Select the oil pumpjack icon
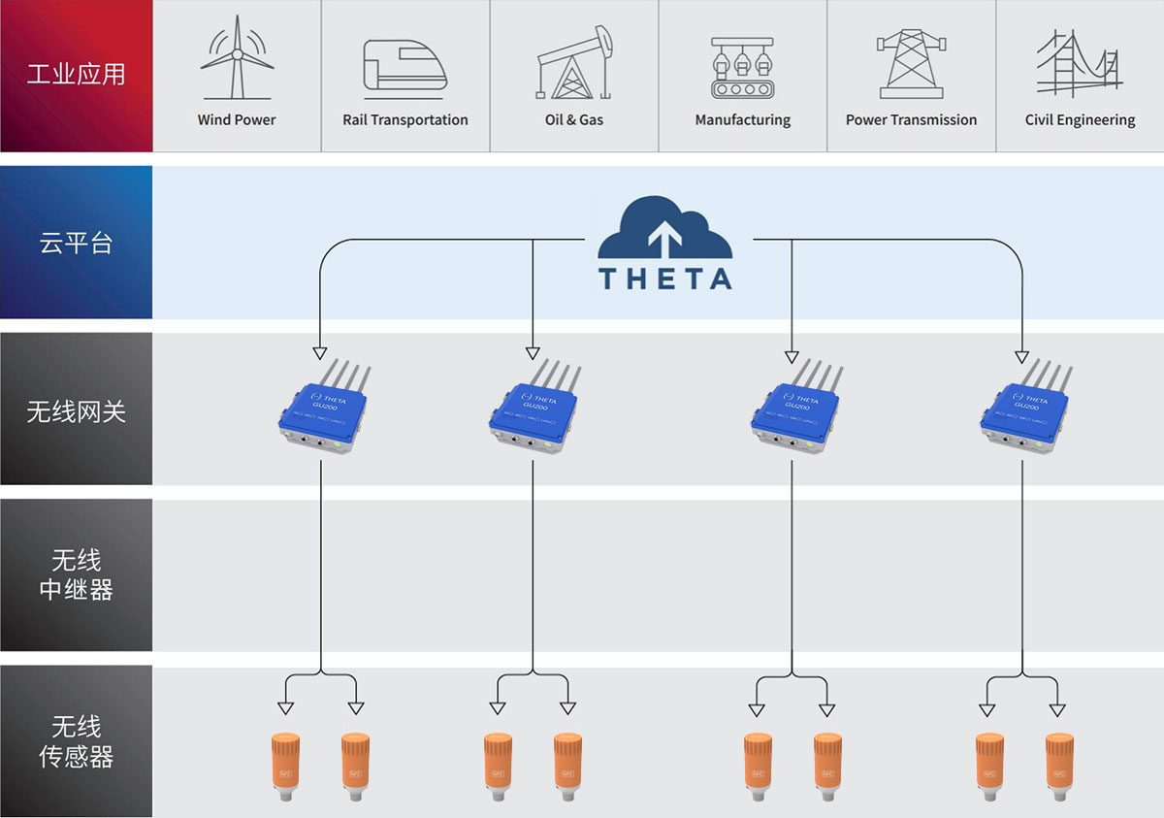575,63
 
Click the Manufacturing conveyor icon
742,68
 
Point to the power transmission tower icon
911,63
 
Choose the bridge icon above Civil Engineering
1079,62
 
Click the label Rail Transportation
405,120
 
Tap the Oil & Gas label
574,120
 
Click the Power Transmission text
911,120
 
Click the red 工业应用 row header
76,76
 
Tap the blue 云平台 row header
76,243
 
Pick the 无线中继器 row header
76,575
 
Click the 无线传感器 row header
76,742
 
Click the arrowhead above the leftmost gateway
319,351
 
